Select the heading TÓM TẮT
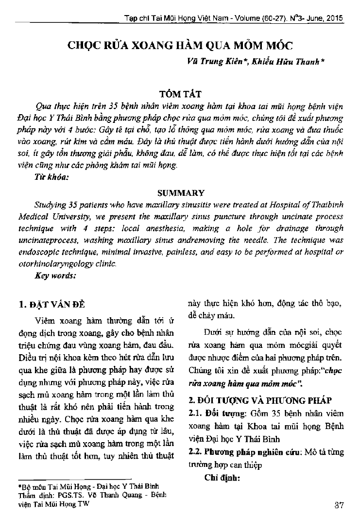(179, 94)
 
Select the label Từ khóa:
(52, 178)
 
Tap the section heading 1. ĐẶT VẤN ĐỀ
(51, 305)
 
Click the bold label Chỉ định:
(223, 478)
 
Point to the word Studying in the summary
(51, 205)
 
